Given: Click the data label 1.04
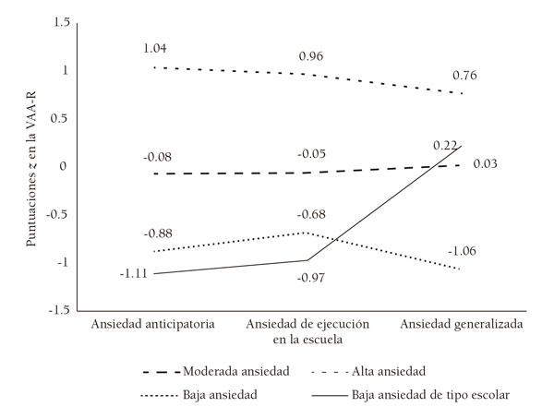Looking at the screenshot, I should [x=155, y=48].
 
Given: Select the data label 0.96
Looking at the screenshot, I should [x=311, y=56].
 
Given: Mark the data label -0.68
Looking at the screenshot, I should [x=311, y=216].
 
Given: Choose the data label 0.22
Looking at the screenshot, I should [x=445, y=145].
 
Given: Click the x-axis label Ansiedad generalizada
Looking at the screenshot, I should [x=462, y=325].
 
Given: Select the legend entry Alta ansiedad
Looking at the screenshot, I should [x=386, y=371].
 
